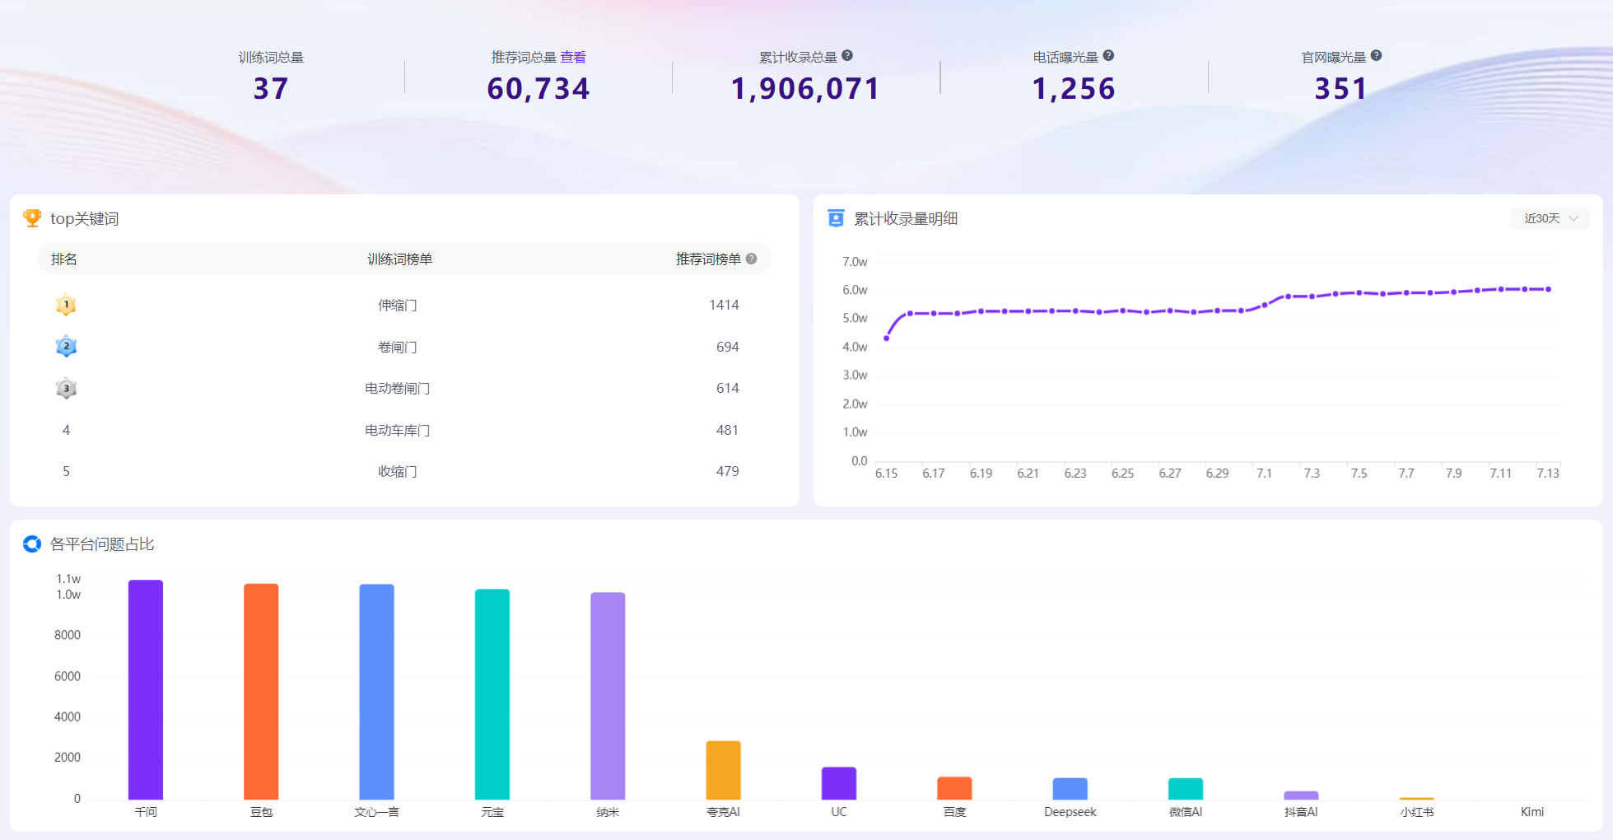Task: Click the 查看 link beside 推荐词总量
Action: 573,57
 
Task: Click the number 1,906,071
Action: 805,89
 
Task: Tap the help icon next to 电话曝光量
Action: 1108,56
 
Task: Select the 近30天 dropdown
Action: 1550,218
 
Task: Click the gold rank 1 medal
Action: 66,305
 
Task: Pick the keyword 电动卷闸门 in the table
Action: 398,388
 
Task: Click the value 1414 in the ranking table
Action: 724,305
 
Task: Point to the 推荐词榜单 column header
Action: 708,259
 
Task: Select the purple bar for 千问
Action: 146,689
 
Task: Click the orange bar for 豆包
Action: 261,692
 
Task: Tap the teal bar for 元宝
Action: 492,694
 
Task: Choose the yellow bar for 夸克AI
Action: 724,770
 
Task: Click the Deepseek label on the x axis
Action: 1070,812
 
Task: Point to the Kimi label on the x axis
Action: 1532,812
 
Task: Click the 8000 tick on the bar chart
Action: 68,635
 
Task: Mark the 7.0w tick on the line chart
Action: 855,262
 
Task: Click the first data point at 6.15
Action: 886,338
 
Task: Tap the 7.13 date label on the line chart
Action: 1548,474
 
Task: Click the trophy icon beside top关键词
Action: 32,217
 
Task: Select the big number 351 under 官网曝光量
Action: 1340,89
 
